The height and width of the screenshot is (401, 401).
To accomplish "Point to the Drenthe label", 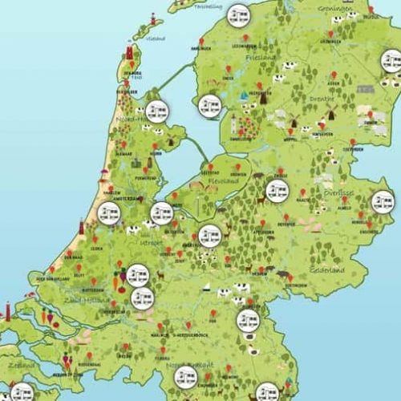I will pyautogui.click(x=324, y=99).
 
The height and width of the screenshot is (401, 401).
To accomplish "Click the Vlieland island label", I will pyautogui.click(x=156, y=37).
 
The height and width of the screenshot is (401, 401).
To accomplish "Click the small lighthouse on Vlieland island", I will pyautogui.click(x=152, y=17).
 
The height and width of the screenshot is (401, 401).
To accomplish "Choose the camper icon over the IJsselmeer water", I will pyautogui.click(x=209, y=104).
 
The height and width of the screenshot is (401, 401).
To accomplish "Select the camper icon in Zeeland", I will pyautogui.click(x=22, y=392).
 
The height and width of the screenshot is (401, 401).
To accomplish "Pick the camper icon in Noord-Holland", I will pyautogui.click(x=157, y=111).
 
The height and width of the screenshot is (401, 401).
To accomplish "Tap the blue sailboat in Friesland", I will pyautogui.click(x=243, y=95).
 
